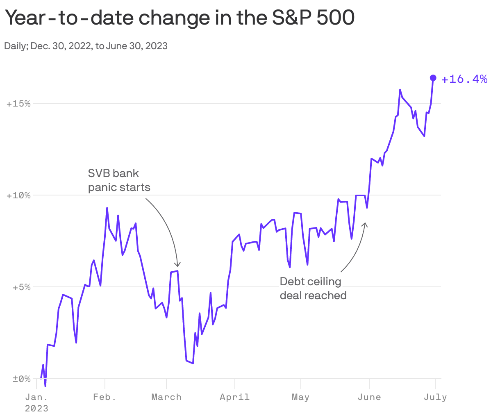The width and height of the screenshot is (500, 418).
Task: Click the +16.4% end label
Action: (x=464, y=79)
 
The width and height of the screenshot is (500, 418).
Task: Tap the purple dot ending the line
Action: (x=433, y=78)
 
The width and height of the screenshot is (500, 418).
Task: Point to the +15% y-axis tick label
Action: (x=19, y=104)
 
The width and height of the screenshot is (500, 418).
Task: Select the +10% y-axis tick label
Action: (x=19, y=195)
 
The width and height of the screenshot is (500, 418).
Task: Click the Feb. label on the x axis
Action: (x=105, y=397)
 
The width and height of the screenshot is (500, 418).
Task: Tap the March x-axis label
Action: (x=166, y=397)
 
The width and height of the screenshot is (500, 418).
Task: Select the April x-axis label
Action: (x=234, y=397)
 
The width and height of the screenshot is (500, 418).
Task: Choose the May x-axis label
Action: (x=300, y=397)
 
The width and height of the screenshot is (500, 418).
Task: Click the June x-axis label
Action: (x=369, y=397)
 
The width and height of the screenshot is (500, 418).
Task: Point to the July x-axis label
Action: (x=435, y=397)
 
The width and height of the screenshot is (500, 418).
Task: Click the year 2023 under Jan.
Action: (x=36, y=409)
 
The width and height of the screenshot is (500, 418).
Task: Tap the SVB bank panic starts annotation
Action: (x=119, y=180)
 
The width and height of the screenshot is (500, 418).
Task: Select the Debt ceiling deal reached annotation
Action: (x=313, y=288)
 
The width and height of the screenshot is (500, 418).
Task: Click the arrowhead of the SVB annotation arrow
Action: (x=177, y=265)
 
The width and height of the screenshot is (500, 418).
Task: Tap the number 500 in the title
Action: (x=336, y=18)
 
